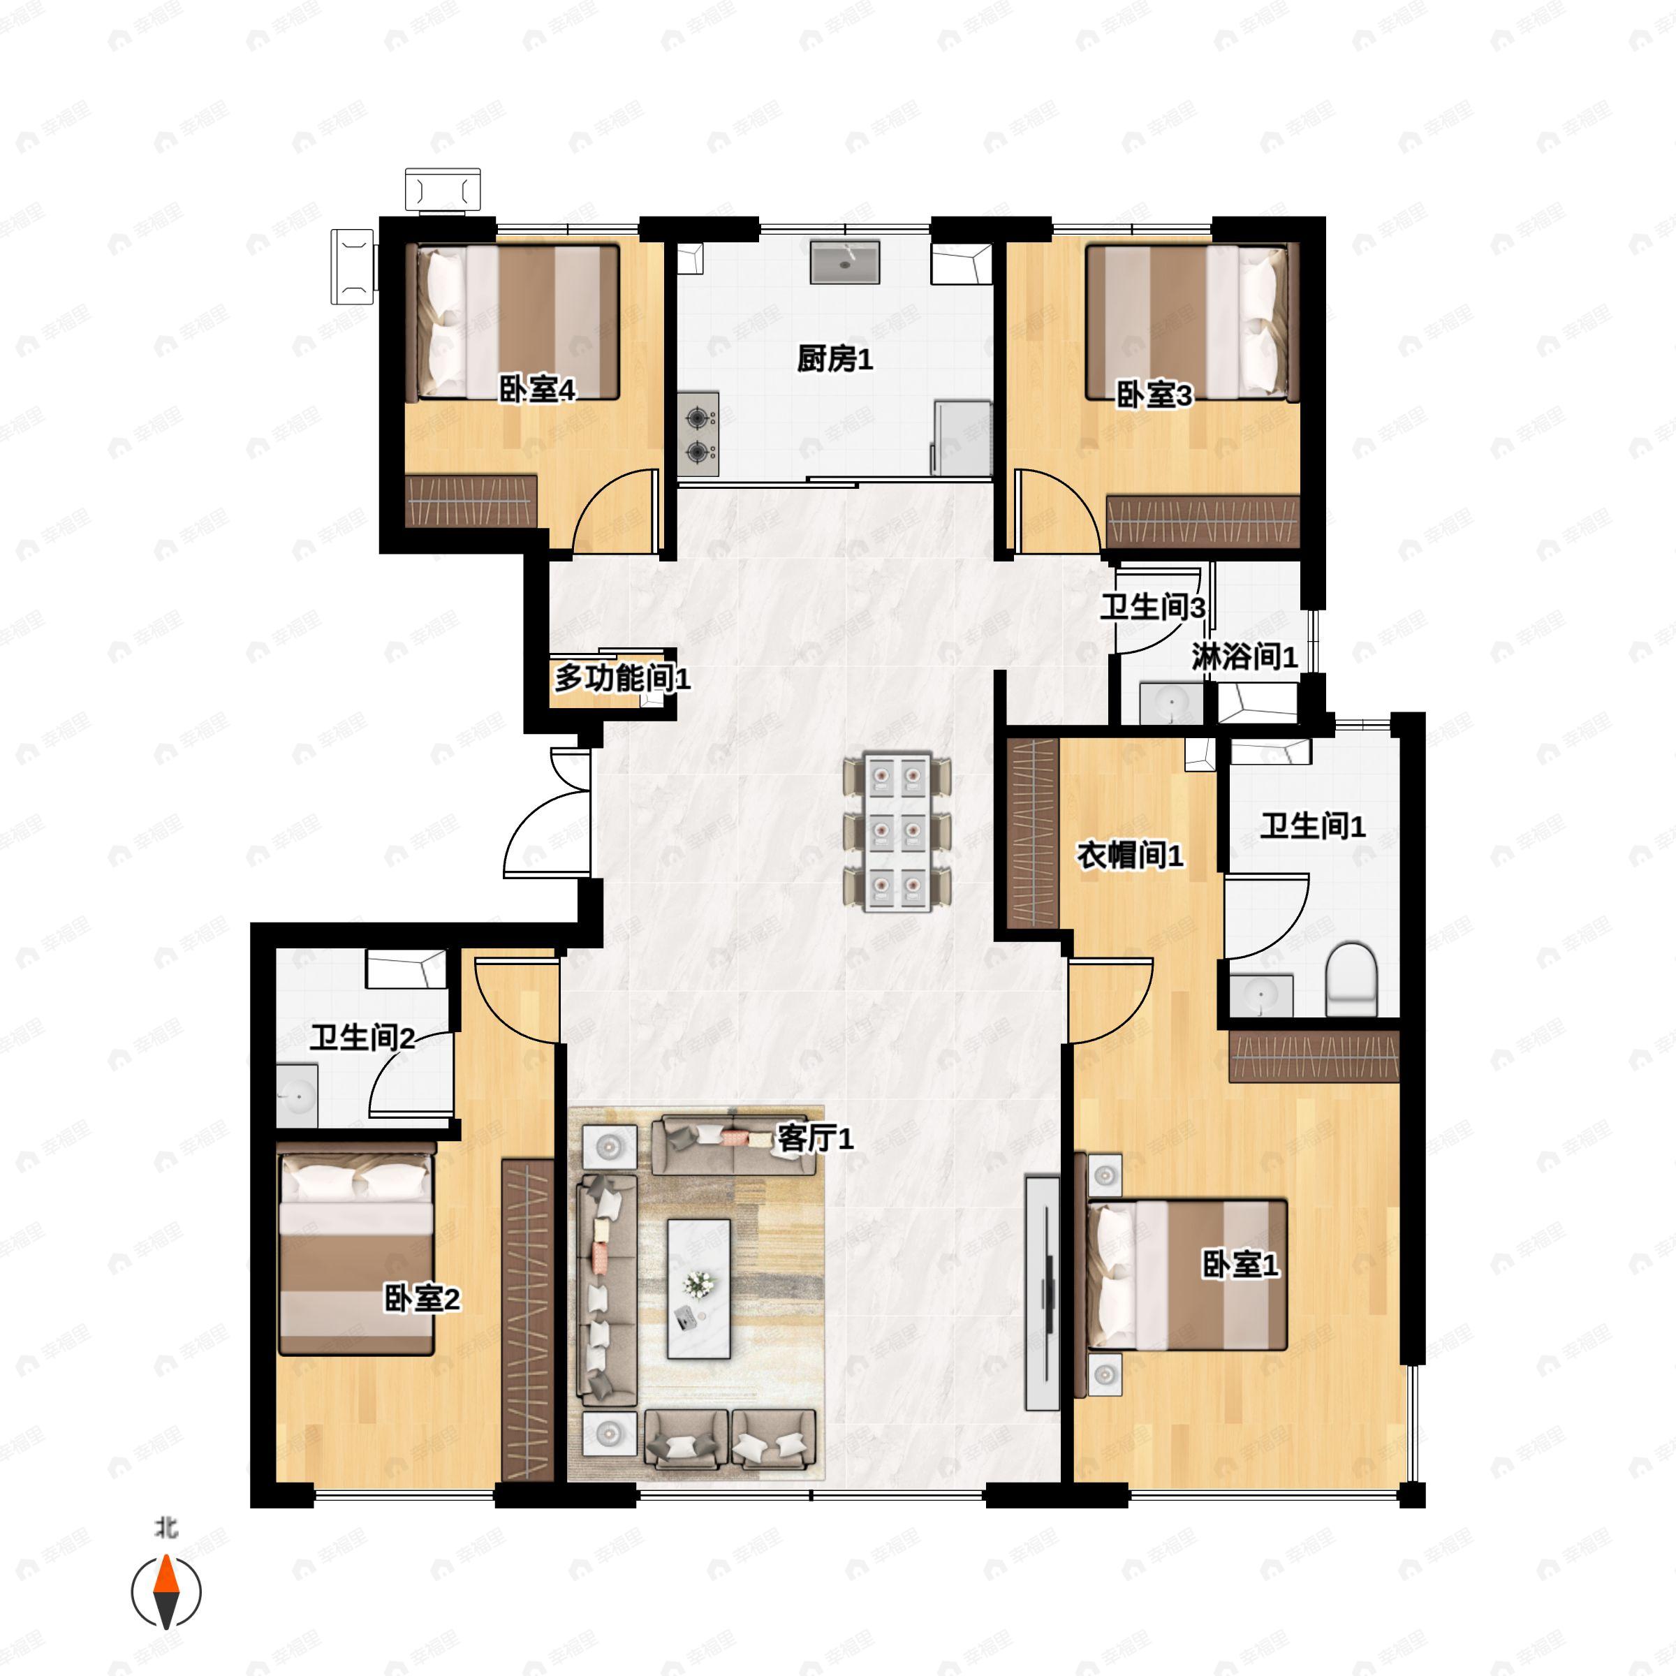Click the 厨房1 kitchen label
point(835,358)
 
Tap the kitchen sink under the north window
point(845,262)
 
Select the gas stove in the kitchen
point(698,433)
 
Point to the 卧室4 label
point(537,390)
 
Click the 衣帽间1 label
point(1129,856)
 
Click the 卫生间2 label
point(362,1038)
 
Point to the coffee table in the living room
point(698,1289)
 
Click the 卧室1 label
point(1240,1265)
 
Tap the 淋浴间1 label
point(1244,656)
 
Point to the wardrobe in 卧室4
point(471,500)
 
